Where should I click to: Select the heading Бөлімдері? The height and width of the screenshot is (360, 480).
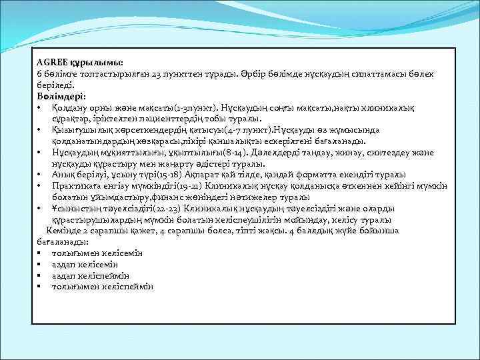click(61, 96)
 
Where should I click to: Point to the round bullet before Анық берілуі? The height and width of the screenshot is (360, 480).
click(41, 175)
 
